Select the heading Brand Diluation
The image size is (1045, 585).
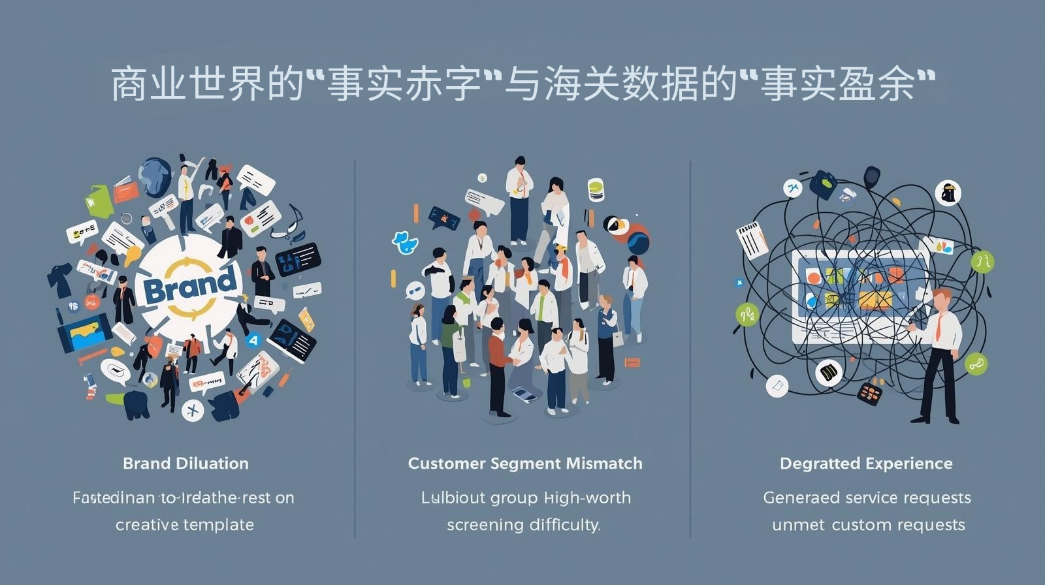tap(185, 464)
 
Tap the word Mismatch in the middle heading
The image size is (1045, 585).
tap(604, 464)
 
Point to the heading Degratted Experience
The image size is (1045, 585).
tap(866, 464)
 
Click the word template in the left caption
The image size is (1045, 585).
tap(219, 525)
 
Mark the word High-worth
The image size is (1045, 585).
tap(587, 498)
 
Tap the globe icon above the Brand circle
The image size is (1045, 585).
tap(155, 174)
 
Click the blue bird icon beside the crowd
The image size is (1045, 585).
tap(406, 242)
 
